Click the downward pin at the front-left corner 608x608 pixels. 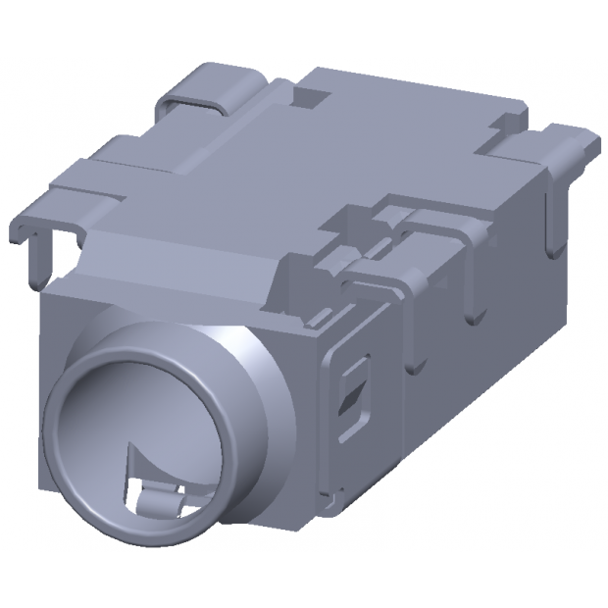(x=37, y=260)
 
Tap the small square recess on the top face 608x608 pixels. (x=312, y=95)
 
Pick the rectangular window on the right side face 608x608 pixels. (x=351, y=390)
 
